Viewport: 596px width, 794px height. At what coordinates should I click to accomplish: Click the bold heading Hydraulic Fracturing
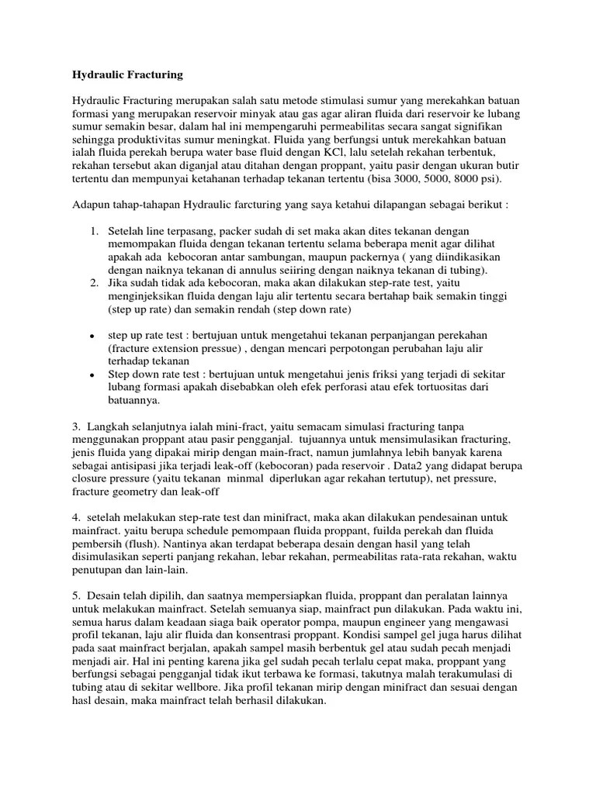127,74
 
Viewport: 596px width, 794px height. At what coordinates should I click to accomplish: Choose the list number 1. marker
94,232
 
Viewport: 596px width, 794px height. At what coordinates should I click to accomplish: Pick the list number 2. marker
94,285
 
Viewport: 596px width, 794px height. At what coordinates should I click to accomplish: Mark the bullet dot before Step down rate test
92,374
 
